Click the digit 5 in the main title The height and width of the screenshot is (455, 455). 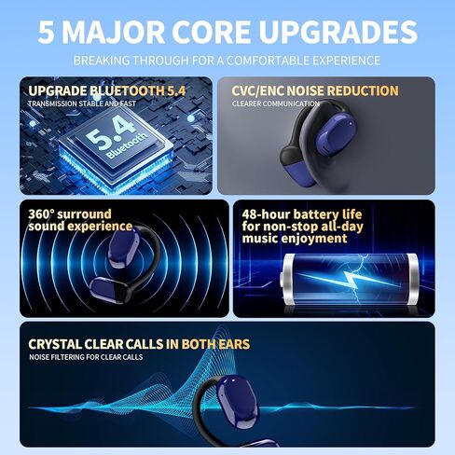(47, 32)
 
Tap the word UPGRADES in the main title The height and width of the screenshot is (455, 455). (338, 32)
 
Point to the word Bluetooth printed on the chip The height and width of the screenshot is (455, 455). (126, 145)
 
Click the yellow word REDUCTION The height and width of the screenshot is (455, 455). (363, 90)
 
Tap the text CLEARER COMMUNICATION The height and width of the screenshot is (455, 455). (276, 103)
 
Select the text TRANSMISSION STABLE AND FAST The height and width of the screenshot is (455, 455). (82, 103)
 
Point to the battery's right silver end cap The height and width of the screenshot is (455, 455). (413, 279)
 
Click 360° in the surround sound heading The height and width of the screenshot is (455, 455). (41, 214)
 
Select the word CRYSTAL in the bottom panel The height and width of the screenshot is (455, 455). (55, 344)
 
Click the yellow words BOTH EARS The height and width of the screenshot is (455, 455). (215, 344)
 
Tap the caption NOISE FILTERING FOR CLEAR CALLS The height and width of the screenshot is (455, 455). (86, 357)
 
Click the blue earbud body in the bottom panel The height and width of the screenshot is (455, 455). (238, 402)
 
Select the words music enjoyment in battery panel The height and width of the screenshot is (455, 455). (295, 239)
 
